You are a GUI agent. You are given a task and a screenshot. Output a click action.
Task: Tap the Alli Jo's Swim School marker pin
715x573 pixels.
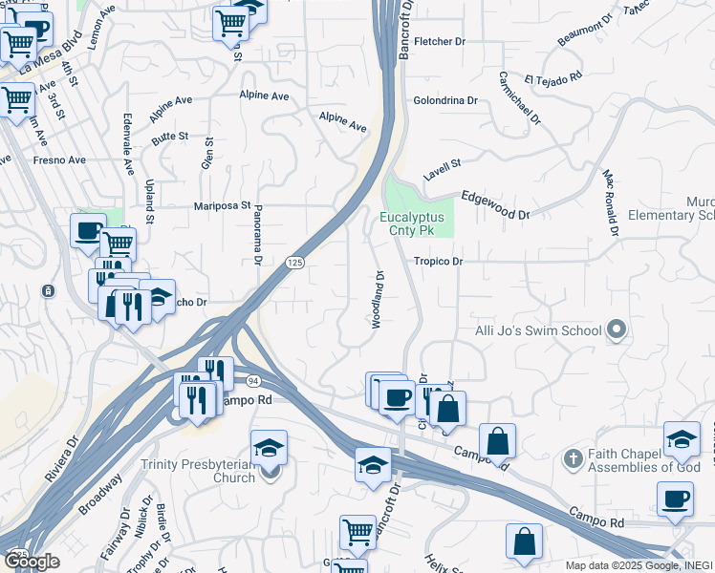pyautogui.click(x=617, y=330)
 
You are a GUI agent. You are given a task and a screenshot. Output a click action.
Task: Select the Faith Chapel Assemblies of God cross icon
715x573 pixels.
pyautogui.click(x=573, y=458)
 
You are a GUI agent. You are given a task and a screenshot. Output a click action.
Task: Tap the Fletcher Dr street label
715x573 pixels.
pyautogui.click(x=440, y=42)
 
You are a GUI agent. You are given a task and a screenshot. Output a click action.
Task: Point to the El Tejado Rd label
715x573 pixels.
pyautogui.click(x=552, y=77)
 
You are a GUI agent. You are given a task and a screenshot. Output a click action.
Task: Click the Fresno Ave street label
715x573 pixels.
pyautogui.click(x=58, y=160)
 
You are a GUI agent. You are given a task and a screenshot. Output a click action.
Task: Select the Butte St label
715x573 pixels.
pyautogui.click(x=169, y=137)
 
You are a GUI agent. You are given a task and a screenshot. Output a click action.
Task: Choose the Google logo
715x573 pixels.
pyautogui.click(x=31, y=561)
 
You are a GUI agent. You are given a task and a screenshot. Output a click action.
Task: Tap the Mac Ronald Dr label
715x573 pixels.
pyautogui.click(x=609, y=203)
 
